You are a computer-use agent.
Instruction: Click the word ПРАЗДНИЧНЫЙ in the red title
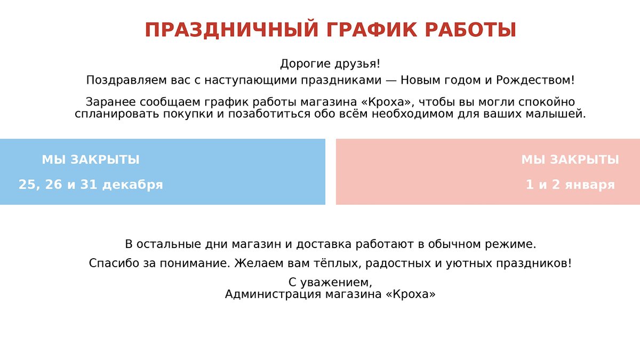click(231, 30)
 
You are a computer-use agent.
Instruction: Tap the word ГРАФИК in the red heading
click(371, 30)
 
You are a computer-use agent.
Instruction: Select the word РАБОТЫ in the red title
click(470, 30)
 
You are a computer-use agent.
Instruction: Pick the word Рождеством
click(535, 80)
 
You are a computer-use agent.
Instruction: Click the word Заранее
click(110, 102)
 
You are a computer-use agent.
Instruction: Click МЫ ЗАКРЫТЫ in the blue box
click(91, 159)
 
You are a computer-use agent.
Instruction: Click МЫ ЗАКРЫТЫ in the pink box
click(570, 159)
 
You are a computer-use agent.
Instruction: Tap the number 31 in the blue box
click(89, 185)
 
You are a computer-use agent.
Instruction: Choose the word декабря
click(133, 185)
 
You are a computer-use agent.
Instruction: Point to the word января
click(590, 185)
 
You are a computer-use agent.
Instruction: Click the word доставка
click(324, 244)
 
